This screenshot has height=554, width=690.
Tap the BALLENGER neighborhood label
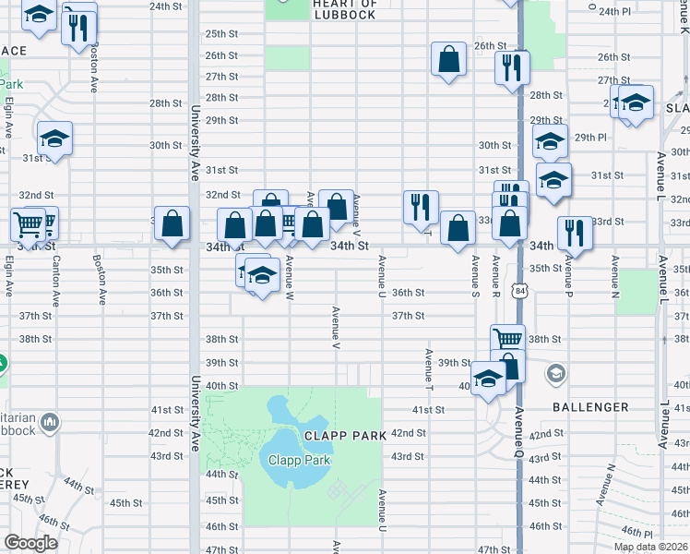point(590,407)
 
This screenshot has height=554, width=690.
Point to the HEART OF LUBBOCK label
point(344,9)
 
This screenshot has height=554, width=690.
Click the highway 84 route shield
point(522,292)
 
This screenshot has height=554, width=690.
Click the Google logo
point(30,543)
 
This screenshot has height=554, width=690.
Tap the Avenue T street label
point(429,366)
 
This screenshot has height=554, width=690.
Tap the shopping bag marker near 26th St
point(448,60)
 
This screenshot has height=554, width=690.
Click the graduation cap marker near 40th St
point(488,378)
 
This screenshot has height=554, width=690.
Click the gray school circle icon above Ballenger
point(555,374)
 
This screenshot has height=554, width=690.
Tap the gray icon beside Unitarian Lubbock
point(50,423)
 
